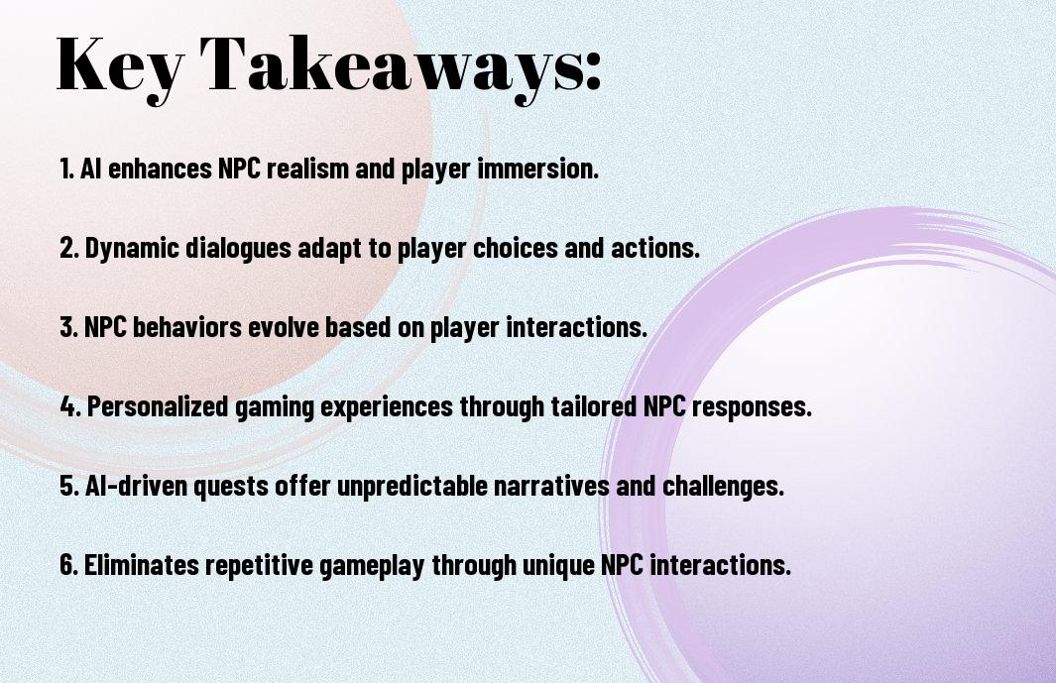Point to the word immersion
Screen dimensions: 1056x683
coord(537,169)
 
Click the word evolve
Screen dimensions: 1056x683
coord(284,327)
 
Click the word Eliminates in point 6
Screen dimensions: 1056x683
coord(142,564)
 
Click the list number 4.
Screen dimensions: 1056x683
coord(69,406)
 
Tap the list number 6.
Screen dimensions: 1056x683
coord(68,564)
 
